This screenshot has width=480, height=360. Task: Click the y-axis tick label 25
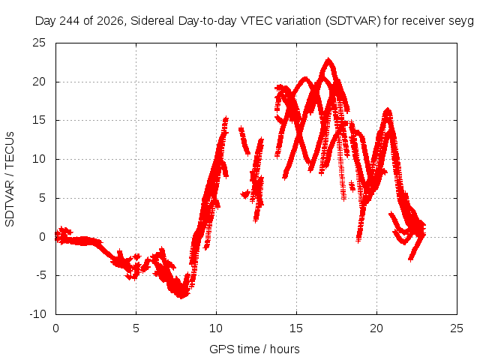[39, 43]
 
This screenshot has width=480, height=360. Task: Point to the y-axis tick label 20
[39, 82]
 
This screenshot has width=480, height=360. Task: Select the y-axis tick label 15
[39, 120]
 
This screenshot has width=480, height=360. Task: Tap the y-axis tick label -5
[40, 275]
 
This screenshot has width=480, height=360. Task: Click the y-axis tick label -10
[37, 314]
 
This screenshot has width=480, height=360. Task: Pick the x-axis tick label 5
[136, 328]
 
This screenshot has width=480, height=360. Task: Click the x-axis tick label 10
[216, 328]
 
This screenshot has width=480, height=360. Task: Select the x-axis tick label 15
[296, 328]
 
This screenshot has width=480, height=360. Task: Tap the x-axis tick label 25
[457, 328]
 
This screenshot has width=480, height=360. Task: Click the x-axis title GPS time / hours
[254, 349]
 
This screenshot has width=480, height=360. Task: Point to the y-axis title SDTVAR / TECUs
[10, 179]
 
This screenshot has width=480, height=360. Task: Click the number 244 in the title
[70, 21]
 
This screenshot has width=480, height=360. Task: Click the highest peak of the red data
[328, 58]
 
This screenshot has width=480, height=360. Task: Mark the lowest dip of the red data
[181, 297]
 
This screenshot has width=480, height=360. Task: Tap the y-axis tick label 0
[42, 237]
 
